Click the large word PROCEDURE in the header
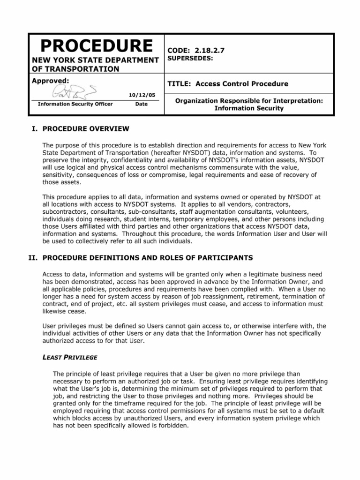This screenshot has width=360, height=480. click(x=96, y=45)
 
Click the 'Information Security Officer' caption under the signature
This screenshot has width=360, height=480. click(x=75, y=104)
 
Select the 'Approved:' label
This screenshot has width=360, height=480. click(x=50, y=81)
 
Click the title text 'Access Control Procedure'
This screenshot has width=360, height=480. click(x=242, y=84)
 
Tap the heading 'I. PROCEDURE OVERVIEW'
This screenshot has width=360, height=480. click(x=79, y=129)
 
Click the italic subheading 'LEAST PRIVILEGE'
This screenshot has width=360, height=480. click(x=70, y=357)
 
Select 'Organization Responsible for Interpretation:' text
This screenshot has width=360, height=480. click(x=249, y=100)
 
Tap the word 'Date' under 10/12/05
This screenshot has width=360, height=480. click(x=141, y=104)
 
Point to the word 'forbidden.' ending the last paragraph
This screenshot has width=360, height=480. click(x=172, y=426)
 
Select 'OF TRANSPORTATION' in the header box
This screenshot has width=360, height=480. click(x=75, y=69)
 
